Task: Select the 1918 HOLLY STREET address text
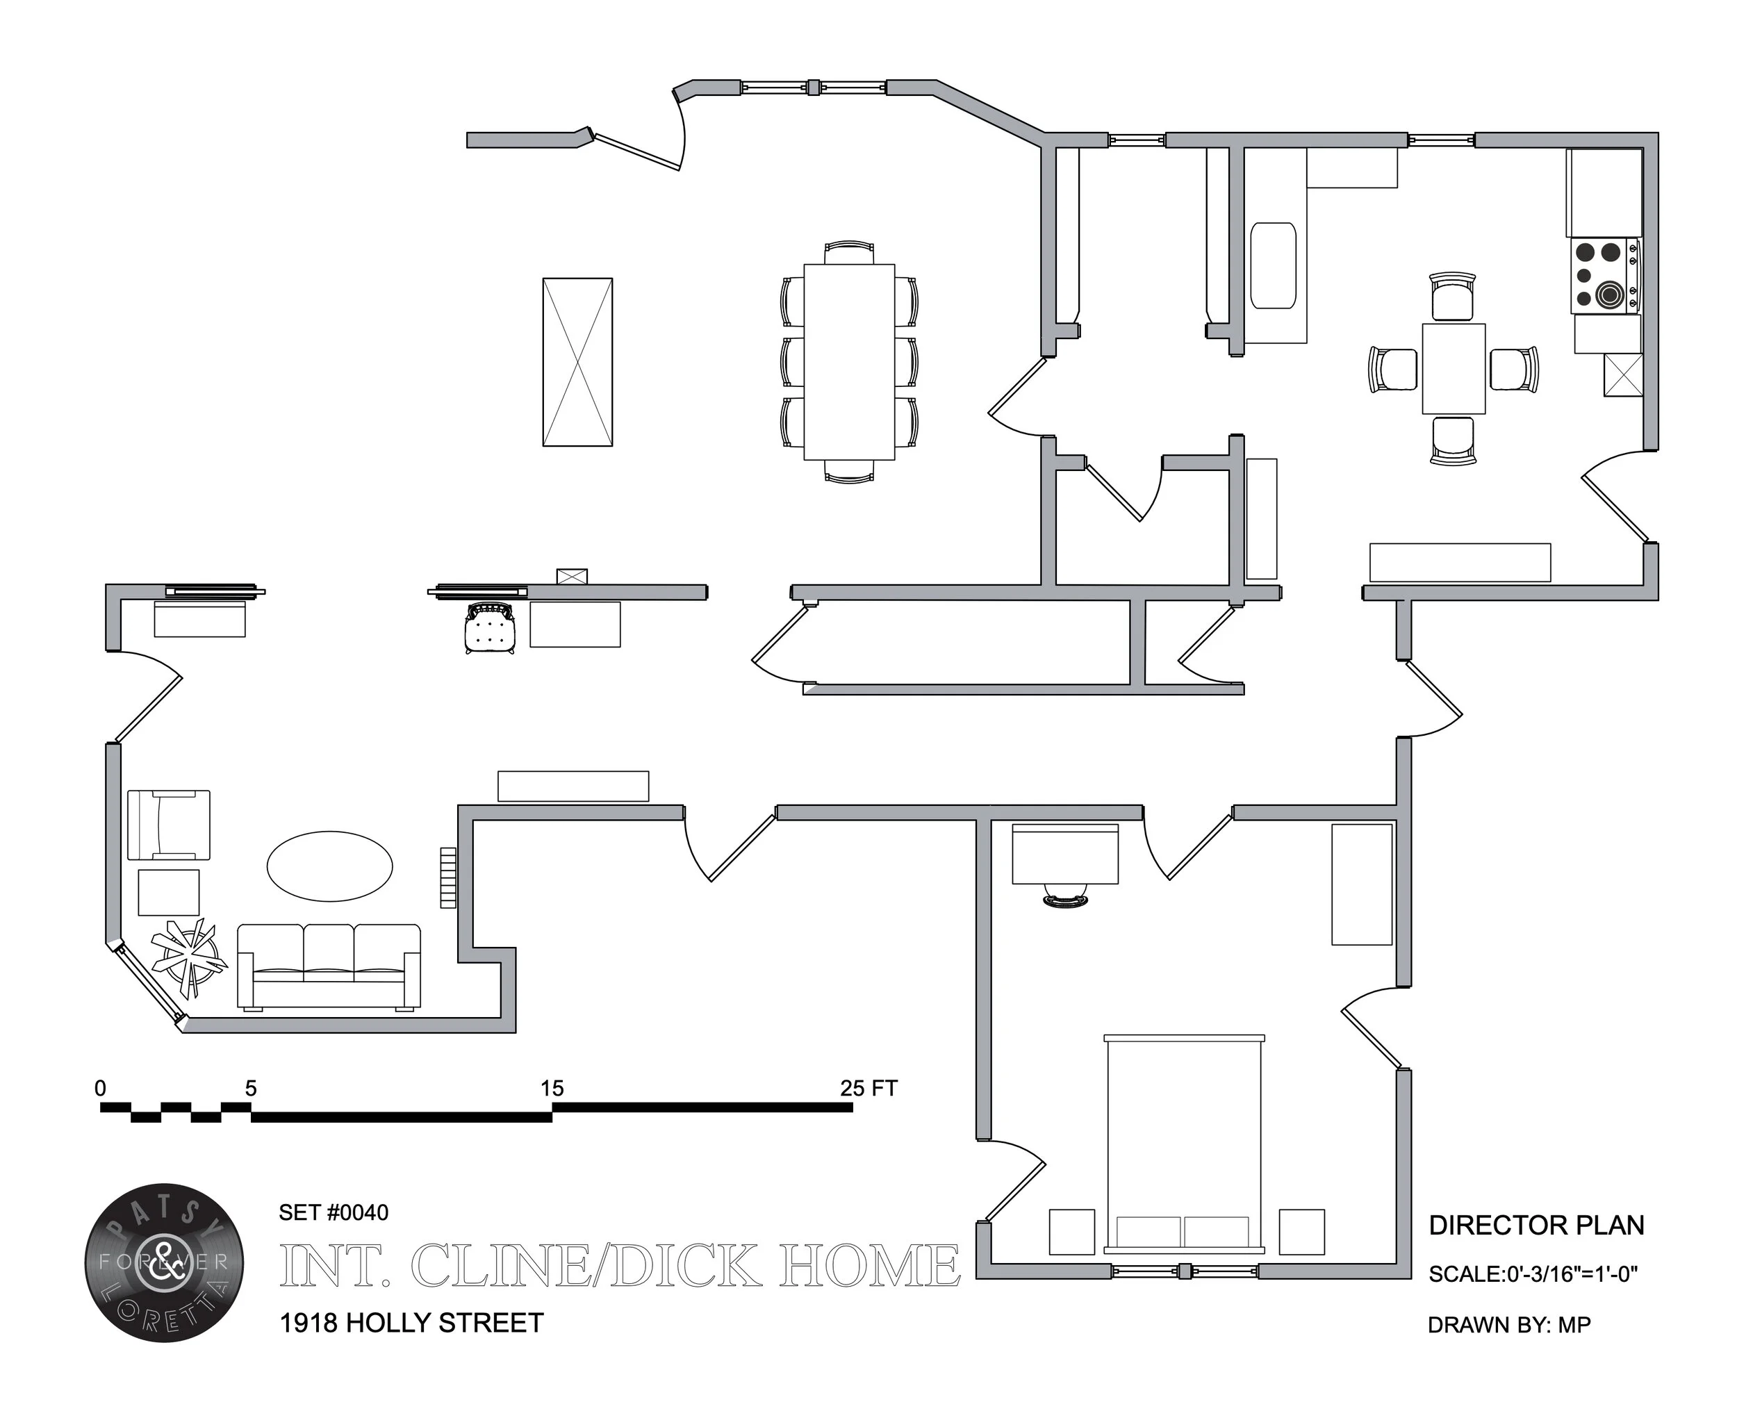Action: pyautogui.click(x=411, y=1323)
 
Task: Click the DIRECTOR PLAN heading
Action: pyautogui.click(x=1536, y=1225)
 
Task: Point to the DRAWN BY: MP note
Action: pyautogui.click(x=1508, y=1325)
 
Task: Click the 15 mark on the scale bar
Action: pyautogui.click(x=552, y=1089)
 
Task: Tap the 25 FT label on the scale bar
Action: pyautogui.click(x=868, y=1089)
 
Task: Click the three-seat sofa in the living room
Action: pyautogui.click(x=329, y=966)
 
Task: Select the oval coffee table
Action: pyautogui.click(x=329, y=866)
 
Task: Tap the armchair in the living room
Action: pyautogui.click(x=169, y=825)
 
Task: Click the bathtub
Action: pyautogui.click(x=1273, y=265)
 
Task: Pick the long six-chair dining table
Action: pyautogui.click(x=848, y=362)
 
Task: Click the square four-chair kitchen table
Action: pyautogui.click(x=1453, y=368)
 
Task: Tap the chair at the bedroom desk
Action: pyautogui.click(x=1065, y=896)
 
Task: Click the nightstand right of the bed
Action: pyautogui.click(x=1301, y=1231)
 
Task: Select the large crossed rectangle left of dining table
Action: pyautogui.click(x=577, y=362)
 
